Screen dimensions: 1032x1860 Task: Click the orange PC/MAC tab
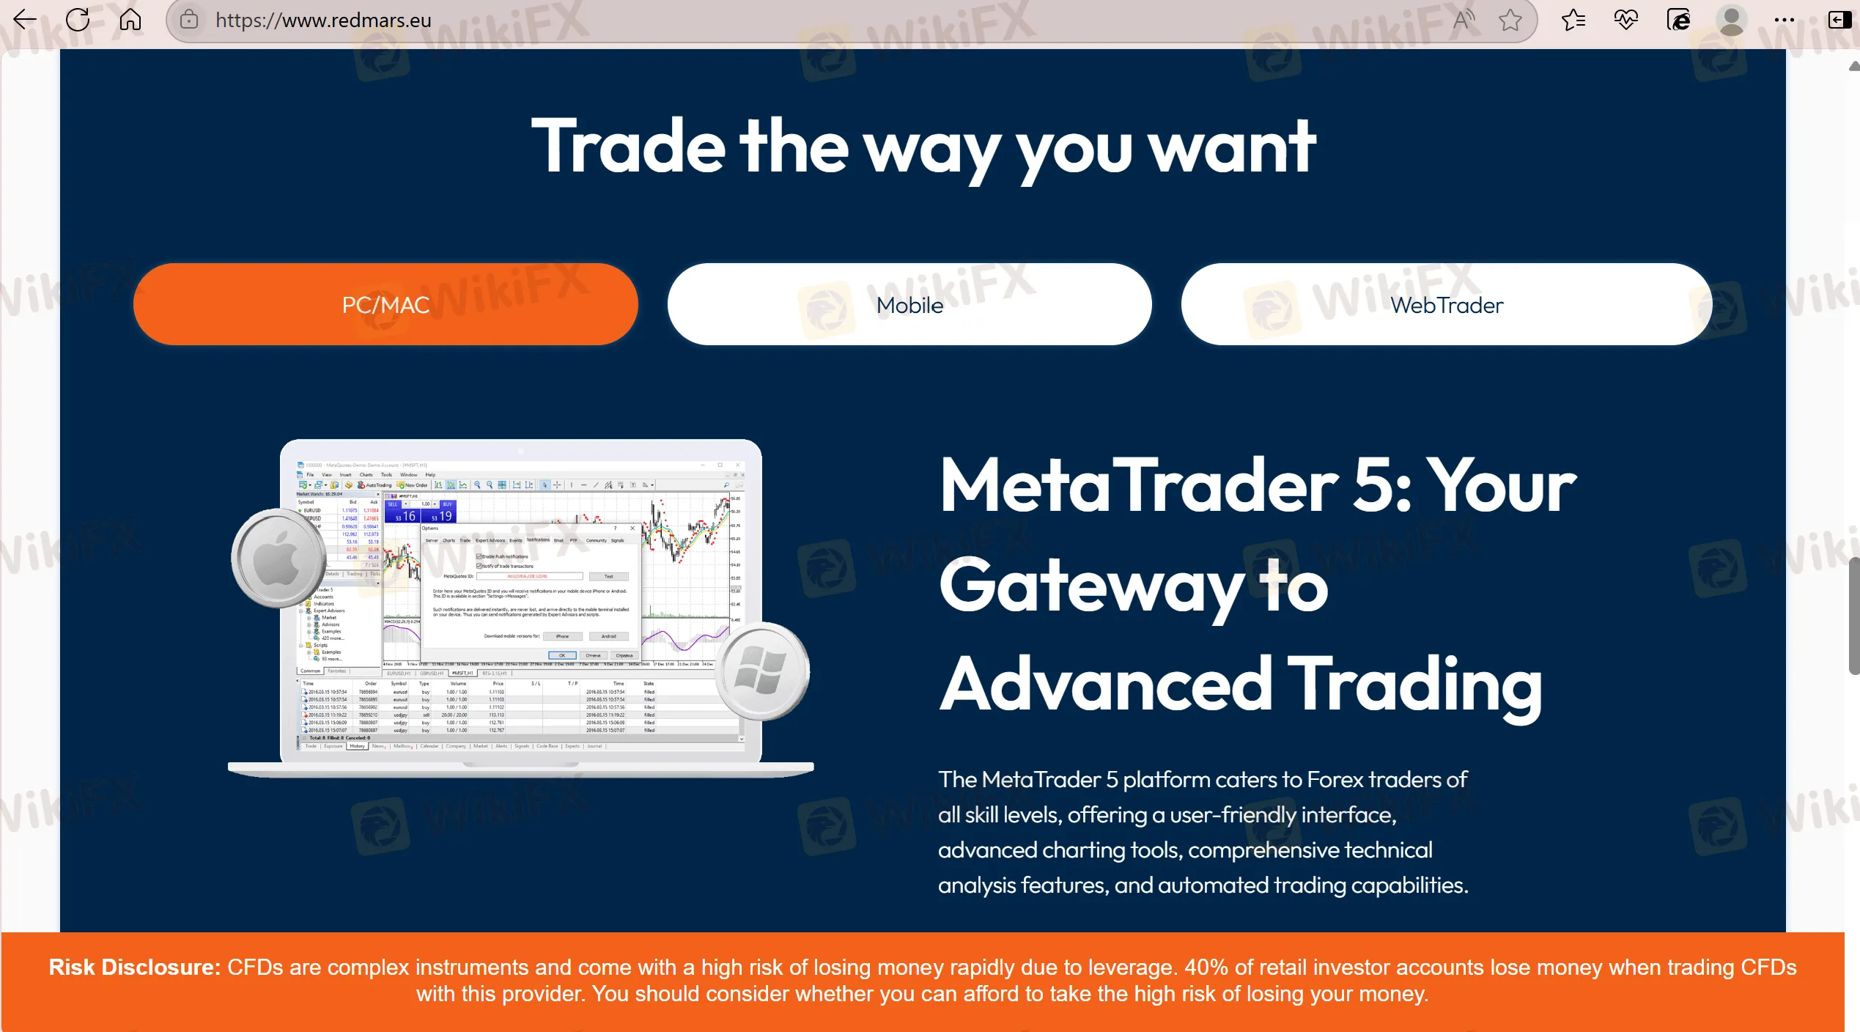pos(385,304)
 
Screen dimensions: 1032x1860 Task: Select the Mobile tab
pos(909,304)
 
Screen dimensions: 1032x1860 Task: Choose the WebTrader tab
pos(1446,304)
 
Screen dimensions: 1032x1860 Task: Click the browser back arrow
pos(25,20)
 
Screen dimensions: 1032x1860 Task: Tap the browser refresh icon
pos(78,20)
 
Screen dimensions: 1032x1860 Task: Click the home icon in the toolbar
pos(130,20)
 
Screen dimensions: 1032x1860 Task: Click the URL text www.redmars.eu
pos(323,21)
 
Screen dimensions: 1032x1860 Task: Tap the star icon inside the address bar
pos(1510,20)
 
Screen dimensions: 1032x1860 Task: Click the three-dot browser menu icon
pos(1784,20)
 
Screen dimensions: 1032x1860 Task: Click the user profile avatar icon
pos(1731,20)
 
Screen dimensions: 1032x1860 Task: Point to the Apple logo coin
pos(278,559)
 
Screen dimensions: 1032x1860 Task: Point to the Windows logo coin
pos(761,671)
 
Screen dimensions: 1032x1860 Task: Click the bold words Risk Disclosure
pos(134,967)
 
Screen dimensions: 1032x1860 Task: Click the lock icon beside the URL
pos(189,20)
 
